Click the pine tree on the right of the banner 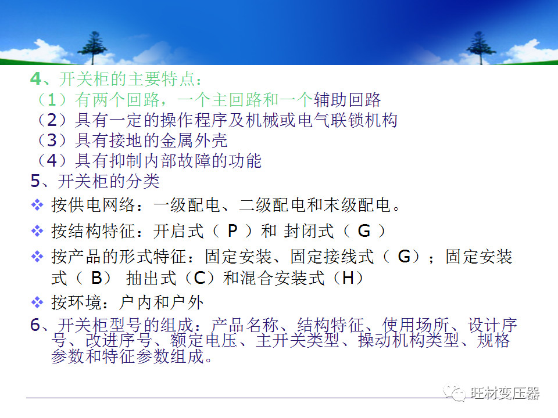pyautogui.click(x=481, y=46)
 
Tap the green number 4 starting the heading pyautogui.click(x=35, y=78)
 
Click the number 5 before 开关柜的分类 pyautogui.click(x=35, y=181)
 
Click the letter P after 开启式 pyautogui.click(x=232, y=231)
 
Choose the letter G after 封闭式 pyautogui.click(x=364, y=231)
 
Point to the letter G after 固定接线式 pyautogui.click(x=404, y=257)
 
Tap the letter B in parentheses pyautogui.click(x=96, y=278)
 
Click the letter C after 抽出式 pyautogui.click(x=199, y=278)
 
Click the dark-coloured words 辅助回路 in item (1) pyautogui.click(x=347, y=100)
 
